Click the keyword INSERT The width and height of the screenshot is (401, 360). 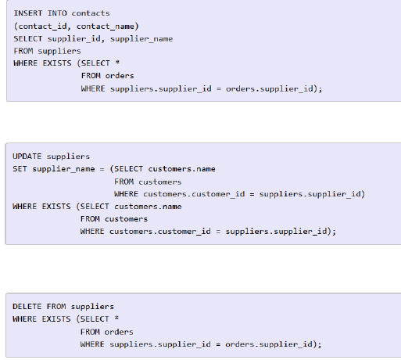pos(28,13)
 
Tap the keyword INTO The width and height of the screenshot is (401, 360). pos(57,13)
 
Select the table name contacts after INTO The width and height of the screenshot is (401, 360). pos(91,13)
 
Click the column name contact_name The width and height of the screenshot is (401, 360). pos(106,27)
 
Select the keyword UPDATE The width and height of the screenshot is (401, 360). pos(27,157)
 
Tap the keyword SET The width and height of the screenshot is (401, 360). pos(20,169)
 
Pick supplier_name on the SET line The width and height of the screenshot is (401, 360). pos(63,169)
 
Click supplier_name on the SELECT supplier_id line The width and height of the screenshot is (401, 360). pos(141,39)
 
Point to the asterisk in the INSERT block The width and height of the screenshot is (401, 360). pos(117,63)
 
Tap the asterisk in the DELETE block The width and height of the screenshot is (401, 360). pos(116,319)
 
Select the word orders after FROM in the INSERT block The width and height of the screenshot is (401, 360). pos(120,76)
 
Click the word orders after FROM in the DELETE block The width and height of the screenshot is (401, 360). pos(119,332)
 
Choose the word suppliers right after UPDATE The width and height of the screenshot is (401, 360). pos(68,157)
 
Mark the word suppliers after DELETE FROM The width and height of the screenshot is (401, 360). pos(92,307)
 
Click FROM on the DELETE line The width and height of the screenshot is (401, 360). pos(56,307)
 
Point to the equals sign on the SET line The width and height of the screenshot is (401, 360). pos(102,169)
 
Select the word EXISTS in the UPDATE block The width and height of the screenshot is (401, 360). pos(56,207)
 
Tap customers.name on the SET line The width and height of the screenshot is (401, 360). pos(182,169)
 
